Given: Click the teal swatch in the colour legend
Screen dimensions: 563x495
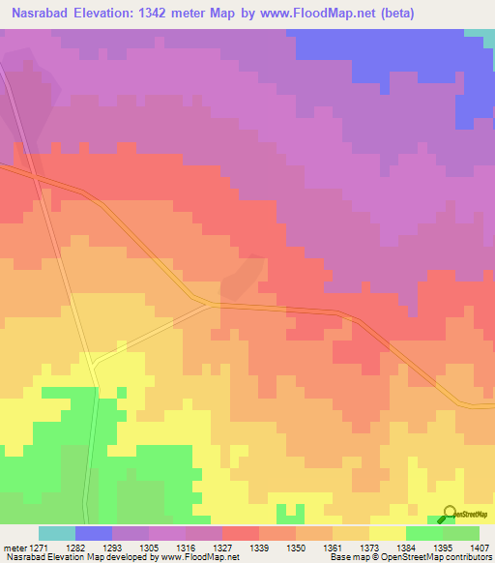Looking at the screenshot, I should (56, 533).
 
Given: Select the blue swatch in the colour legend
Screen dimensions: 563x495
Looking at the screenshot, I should (93, 533).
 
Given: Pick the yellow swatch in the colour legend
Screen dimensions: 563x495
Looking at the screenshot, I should (387, 533).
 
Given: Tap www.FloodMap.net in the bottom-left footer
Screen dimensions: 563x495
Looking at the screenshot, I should (198, 557).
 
